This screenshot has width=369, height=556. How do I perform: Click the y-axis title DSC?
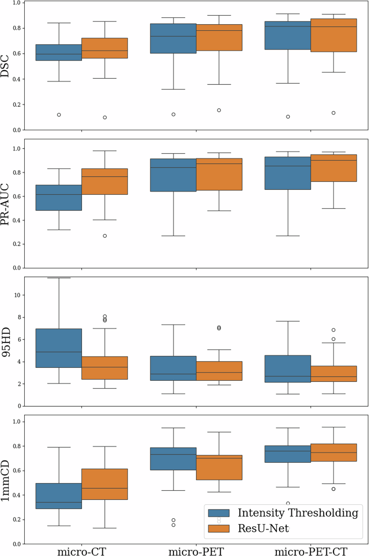click(7, 66)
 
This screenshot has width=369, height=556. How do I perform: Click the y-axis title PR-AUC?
click(7, 204)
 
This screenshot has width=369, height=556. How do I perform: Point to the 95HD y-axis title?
click(7, 341)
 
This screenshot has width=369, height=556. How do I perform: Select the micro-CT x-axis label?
click(82, 551)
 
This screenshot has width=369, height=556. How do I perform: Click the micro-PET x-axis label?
click(197, 551)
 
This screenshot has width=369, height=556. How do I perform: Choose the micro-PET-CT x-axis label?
click(311, 551)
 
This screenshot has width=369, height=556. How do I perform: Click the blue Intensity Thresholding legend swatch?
click(219, 513)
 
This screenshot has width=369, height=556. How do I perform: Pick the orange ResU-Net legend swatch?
click(219, 528)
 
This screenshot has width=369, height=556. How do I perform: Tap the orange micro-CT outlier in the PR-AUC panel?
click(105, 236)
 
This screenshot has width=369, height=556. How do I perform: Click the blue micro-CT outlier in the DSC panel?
click(59, 115)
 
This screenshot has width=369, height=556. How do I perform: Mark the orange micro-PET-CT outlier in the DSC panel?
click(333, 113)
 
